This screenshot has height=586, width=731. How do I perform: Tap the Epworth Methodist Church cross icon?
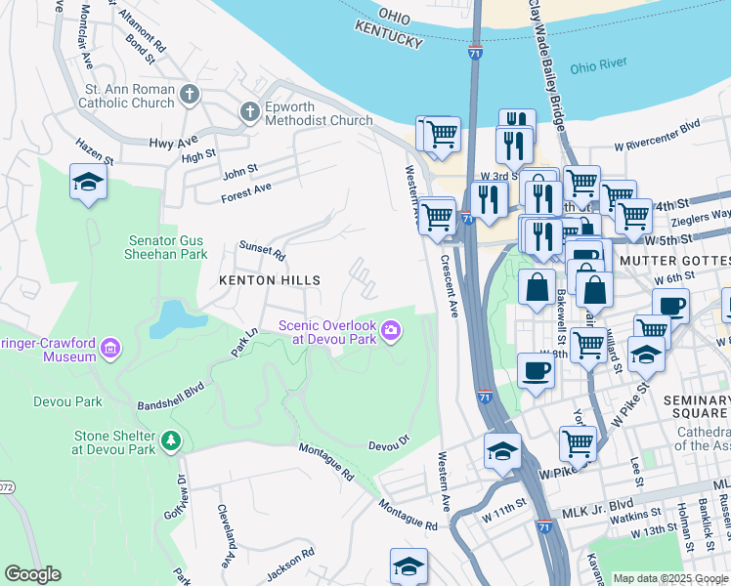coord(249,111)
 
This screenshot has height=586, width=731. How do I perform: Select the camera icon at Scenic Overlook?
coord(391,332)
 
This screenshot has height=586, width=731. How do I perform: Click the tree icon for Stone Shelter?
coord(171,441)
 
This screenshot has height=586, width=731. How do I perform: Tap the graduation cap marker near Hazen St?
coord(88,182)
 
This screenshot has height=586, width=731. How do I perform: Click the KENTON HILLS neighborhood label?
coord(270,280)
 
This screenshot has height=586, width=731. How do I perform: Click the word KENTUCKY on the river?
coord(389,39)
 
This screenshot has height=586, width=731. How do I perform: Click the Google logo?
coord(32,574)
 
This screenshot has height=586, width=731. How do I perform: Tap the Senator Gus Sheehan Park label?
coord(167,247)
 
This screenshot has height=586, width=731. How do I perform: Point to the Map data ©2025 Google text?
coord(670,578)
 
